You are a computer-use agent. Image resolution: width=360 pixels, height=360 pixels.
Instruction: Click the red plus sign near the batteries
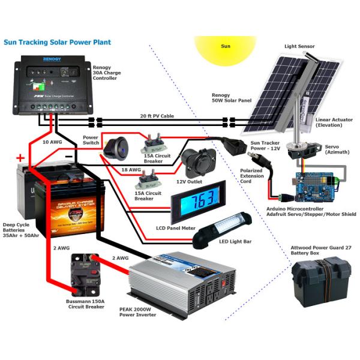(20, 158)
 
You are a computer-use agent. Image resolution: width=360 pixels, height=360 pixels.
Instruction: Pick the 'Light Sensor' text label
(299, 46)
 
